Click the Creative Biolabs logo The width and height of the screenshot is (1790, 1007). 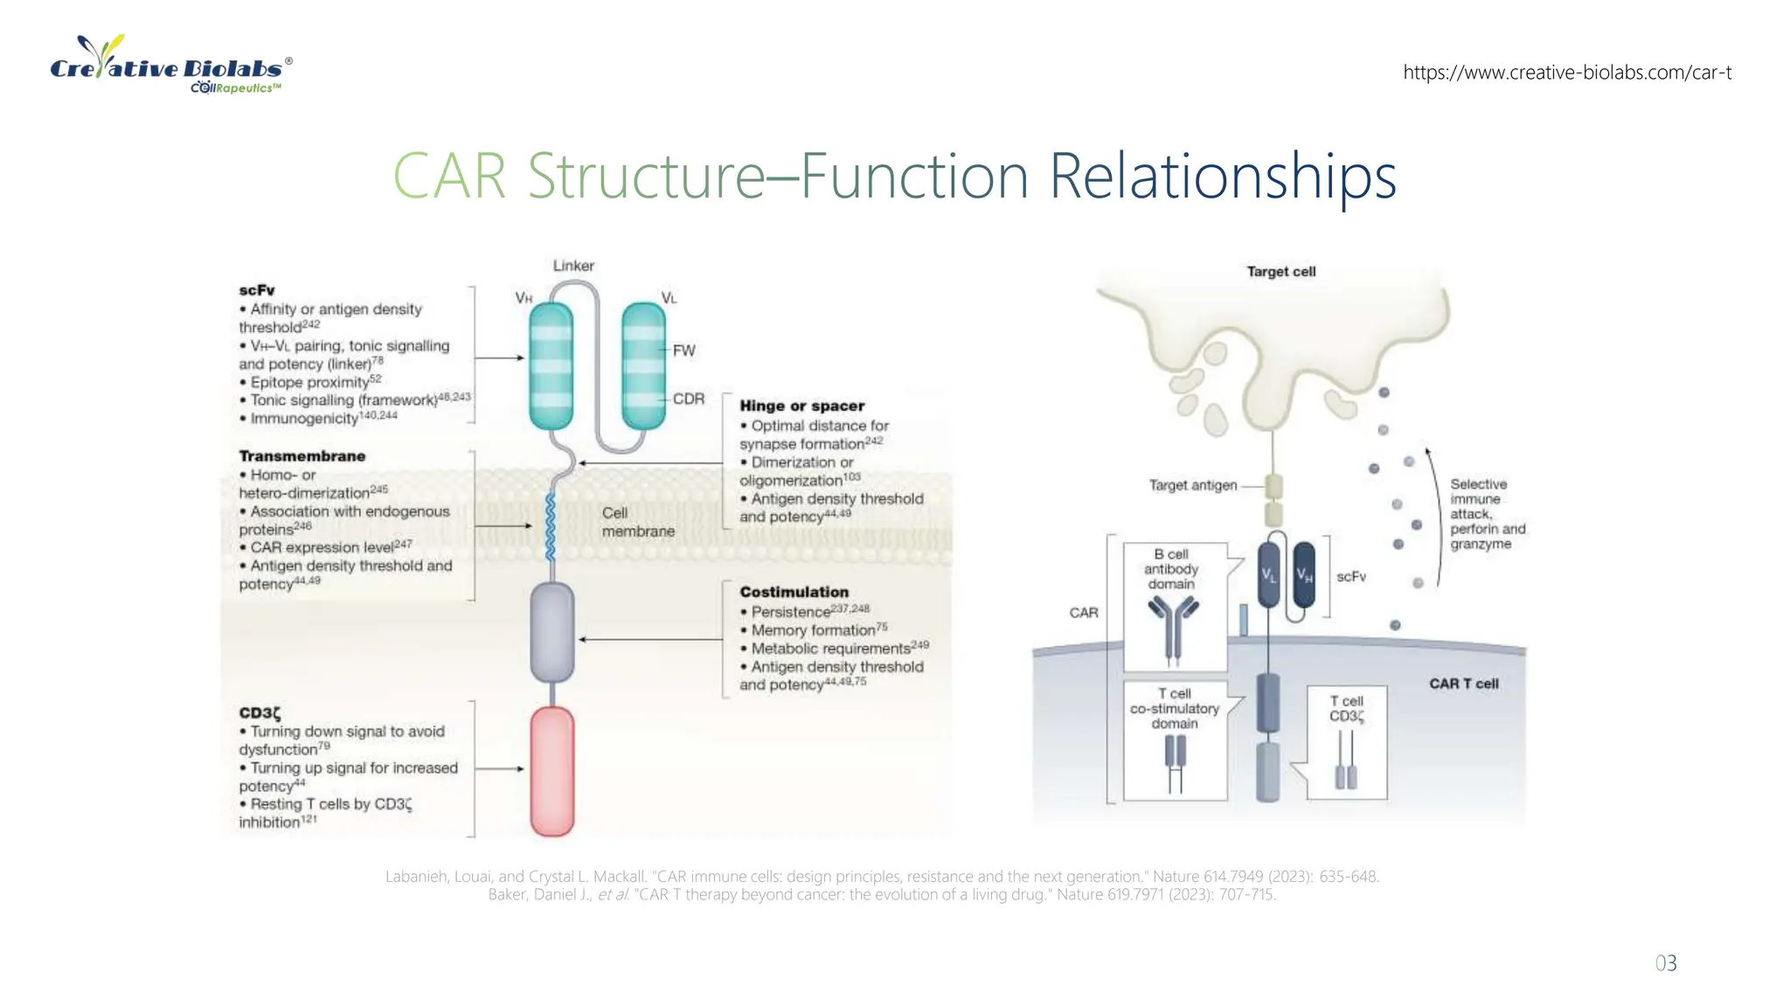tap(171, 66)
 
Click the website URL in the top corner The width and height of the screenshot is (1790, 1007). tap(1566, 73)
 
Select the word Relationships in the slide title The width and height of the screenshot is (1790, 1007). tap(1222, 177)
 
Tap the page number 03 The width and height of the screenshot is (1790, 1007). tap(1665, 963)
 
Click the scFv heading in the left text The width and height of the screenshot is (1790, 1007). tap(257, 290)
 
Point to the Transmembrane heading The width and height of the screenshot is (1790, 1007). tap(302, 456)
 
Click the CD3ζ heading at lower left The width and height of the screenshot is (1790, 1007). tap(260, 712)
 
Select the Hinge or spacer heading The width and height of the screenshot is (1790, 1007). tap(801, 406)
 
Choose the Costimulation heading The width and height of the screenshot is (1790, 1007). tap(794, 592)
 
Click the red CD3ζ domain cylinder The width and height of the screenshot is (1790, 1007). tap(552, 771)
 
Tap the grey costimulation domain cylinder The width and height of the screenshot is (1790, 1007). tap(552, 633)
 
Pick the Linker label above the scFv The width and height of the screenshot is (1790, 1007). tap(573, 265)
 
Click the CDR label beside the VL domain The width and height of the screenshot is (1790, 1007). tap(688, 399)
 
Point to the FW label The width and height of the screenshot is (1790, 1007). tap(683, 351)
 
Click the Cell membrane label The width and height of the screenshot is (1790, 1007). tap(637, 522)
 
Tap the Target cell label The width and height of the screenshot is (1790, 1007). tap(1280, 272)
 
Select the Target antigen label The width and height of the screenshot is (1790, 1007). tap(1193, 485)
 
